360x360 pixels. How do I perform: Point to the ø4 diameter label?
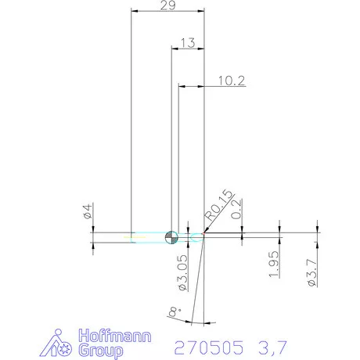(88, 211)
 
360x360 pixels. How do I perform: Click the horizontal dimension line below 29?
(167, 13)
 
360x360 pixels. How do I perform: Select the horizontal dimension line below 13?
(188, 50)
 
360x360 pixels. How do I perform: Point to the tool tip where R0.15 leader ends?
(203, 232)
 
